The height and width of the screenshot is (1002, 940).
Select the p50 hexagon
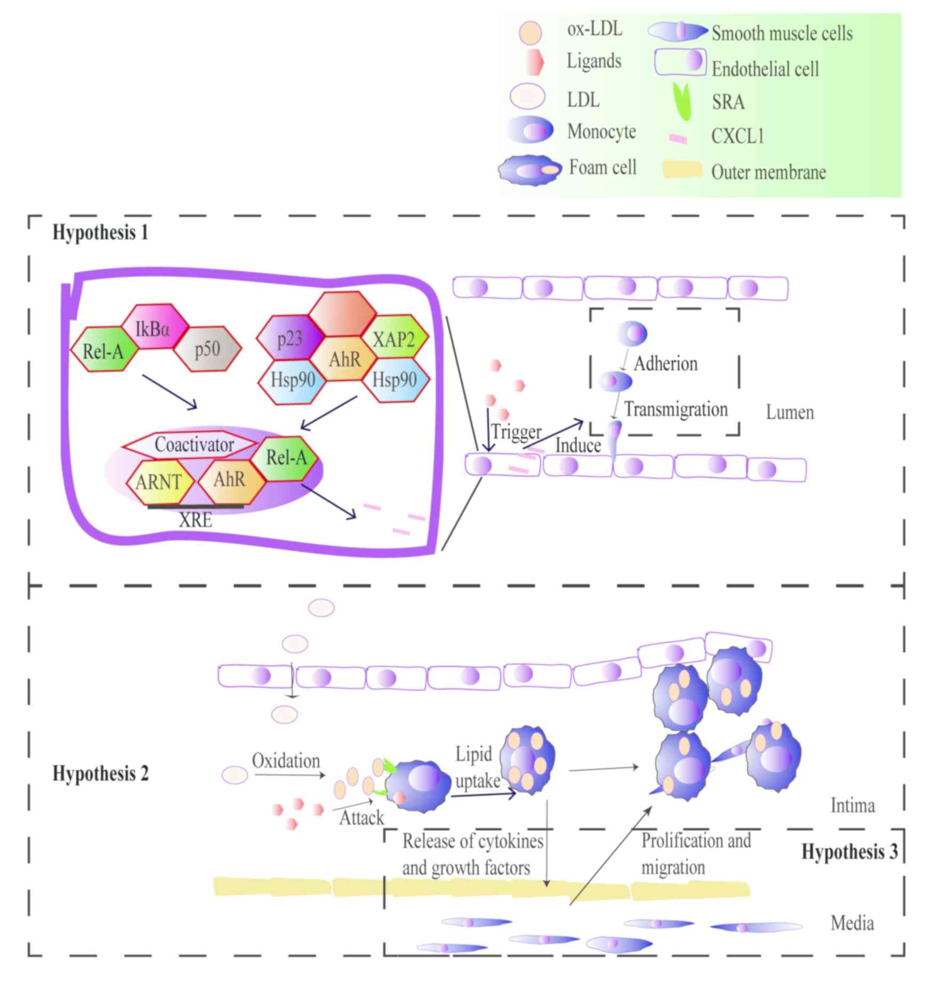[x=207, y=349]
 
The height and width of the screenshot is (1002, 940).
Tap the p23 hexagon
[x=290, y=338]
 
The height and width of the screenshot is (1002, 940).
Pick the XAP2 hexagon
[x=393, y=338]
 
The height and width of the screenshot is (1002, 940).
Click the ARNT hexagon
[x=158, y=482]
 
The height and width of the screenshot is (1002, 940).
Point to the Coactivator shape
[x=194, y=445]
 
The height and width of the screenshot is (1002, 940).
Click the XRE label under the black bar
[x=195, y=520]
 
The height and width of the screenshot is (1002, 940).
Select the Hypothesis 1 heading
[x=100, y=233]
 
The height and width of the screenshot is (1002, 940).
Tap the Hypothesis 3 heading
[x=849, y=852]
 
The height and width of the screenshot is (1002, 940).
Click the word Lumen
[x=790, y=412]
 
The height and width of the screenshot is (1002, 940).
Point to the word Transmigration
[x=676, y=409]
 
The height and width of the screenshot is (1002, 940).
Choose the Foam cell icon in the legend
[x=529, y=170]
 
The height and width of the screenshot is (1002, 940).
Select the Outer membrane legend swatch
[x=682, y=170]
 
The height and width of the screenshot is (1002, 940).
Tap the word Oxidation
[x=286, y=761]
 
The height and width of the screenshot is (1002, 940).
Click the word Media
[x=852, y=923]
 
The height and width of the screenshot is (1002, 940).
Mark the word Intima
[x=853, y=805]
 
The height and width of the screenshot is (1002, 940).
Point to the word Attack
[x=361, y=818]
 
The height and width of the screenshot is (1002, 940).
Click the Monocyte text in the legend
[x=601, y=131]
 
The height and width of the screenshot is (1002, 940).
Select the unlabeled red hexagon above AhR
[x=342, y=314]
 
